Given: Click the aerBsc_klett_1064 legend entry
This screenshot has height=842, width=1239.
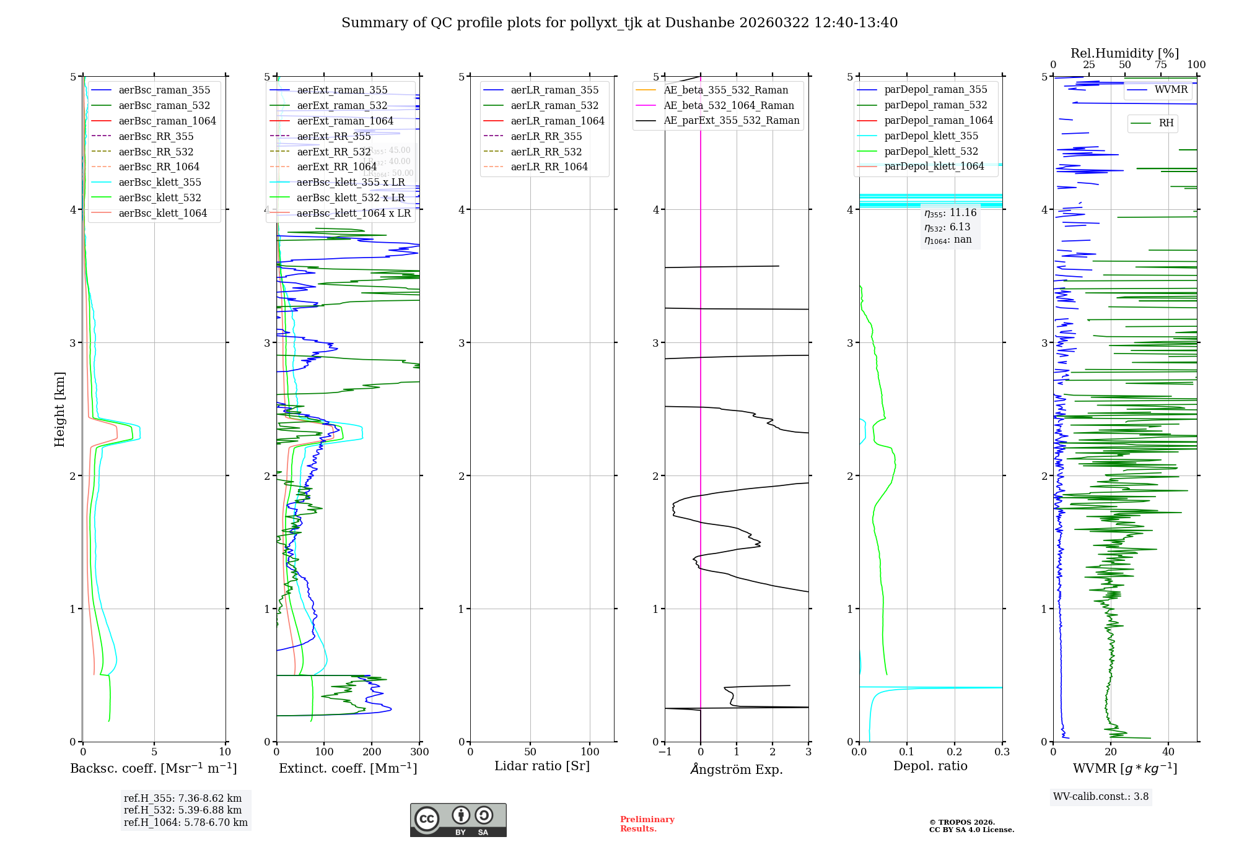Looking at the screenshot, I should point(162,213).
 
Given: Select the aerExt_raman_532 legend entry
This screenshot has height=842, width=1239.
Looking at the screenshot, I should point(342,105).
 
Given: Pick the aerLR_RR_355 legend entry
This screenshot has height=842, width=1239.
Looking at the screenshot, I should point(546,136).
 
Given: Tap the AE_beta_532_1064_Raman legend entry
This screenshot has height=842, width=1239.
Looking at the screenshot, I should point(729,105).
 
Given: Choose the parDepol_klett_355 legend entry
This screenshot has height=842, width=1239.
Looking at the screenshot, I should point(930,136).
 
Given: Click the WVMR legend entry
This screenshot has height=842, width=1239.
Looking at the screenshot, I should point(1171,90).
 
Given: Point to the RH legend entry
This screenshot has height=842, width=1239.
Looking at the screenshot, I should point(1166,123).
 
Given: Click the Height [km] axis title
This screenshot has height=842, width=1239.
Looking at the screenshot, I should point(59,409).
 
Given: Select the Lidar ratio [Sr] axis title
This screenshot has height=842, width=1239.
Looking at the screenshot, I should point(542,766).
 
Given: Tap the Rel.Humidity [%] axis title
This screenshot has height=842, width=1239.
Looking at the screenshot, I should point(1124,53).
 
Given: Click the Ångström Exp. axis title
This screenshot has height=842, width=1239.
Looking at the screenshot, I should point(737,769).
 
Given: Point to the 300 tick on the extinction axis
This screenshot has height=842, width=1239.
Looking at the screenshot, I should point(419,752).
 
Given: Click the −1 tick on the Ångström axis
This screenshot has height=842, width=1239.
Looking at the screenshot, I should point(665,752).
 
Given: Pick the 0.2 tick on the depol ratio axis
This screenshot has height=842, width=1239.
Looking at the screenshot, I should point(955,752).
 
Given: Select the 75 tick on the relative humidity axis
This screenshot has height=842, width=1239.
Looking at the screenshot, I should point(1161,65).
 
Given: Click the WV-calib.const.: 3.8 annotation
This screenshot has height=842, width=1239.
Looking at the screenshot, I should point(1101,797).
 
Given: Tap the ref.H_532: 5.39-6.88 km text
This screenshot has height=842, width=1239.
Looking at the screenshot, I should point(183,810).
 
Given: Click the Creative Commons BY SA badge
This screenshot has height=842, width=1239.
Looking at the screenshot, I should point(458,820).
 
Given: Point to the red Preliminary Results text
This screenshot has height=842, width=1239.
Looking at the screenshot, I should point(647,824).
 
